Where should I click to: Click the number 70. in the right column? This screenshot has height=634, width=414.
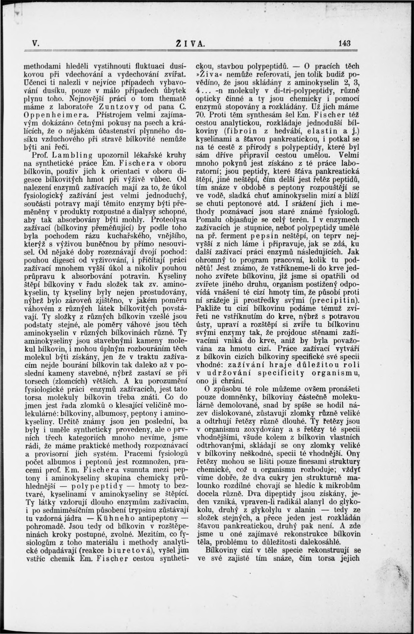[x=200, y=115]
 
